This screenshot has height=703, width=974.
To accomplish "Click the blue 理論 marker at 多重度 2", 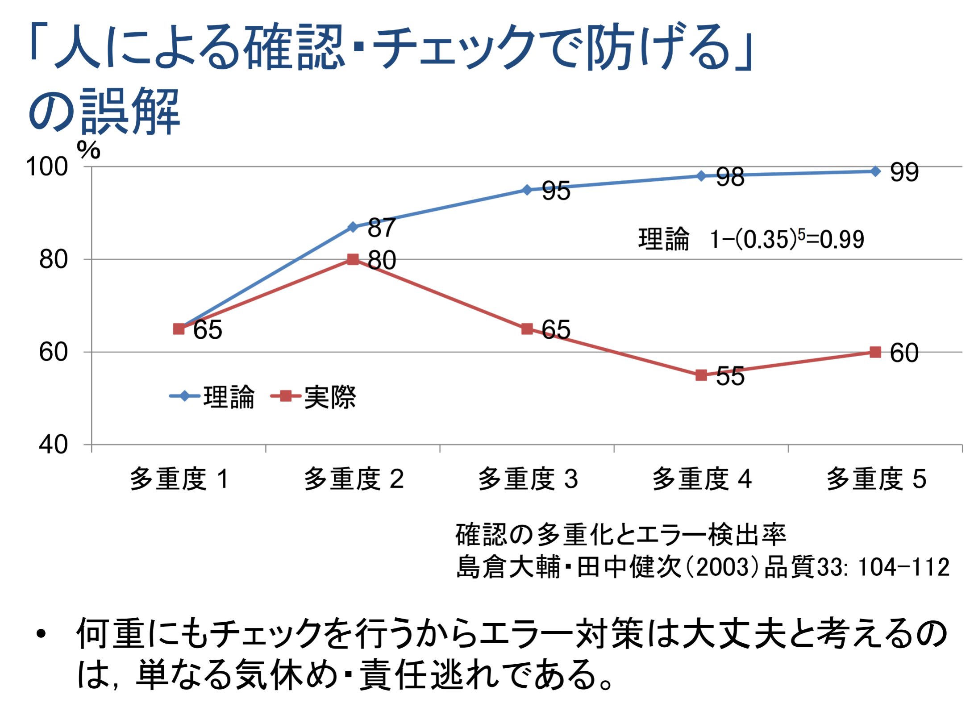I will click(x=353, y=227).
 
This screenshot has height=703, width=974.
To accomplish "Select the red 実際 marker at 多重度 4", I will click(x=701, y=375).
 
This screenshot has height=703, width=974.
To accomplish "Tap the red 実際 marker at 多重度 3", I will click(x=527, y=329).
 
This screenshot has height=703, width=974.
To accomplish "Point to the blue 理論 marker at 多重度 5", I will click(x=876, y=171).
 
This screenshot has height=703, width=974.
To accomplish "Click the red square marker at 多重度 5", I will click(x=876, y=352).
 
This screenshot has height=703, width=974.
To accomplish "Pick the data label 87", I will click(x=382, y=228).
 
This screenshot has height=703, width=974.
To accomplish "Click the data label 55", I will click(x=730, y=376).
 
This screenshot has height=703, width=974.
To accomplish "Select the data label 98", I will click(x=730, y=177).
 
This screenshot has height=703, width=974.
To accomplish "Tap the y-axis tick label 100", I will click(x=47, y=167).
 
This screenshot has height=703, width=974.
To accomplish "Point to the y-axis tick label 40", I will click(x=53, y=445).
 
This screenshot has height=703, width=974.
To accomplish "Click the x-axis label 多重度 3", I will click(x=528, y=479).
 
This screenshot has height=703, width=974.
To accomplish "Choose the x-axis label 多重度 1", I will click(x=179, y=479).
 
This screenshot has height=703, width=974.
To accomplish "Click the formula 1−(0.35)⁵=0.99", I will click(x=787, y=239).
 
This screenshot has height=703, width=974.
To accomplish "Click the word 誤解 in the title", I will click(x=129, y=112).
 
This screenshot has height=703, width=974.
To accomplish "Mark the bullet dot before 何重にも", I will click(x=42, y=634).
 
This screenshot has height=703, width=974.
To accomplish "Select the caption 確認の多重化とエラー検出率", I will click(x=620, y=534).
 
